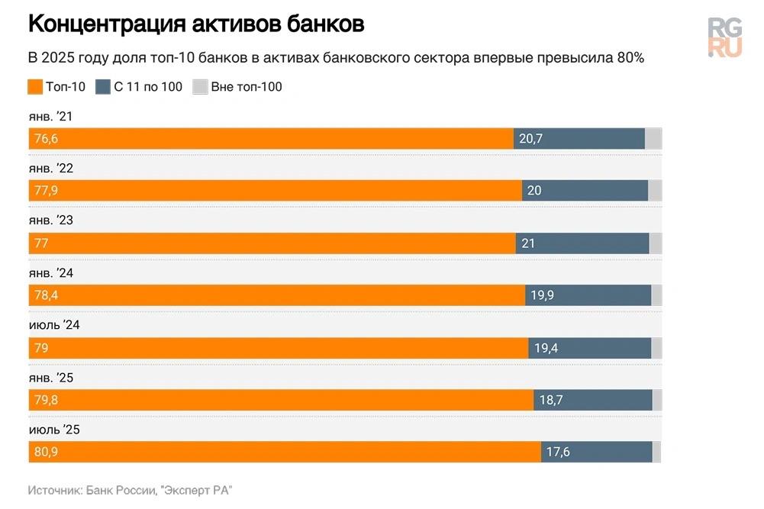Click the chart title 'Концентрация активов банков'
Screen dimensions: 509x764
point(196,24)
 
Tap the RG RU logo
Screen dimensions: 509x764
point(724,37)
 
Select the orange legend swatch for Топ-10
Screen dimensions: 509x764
point(35,87)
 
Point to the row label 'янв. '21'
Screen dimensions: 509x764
point(51,117)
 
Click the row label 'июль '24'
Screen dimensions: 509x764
point(54,325)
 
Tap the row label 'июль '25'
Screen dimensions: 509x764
point(54,430)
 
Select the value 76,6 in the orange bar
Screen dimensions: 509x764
point(46,139)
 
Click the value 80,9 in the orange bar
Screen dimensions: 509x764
point(47,452)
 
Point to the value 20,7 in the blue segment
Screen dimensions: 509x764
point(530,139)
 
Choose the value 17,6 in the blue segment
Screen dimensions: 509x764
point(558,452)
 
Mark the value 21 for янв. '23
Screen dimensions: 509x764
point(528,243)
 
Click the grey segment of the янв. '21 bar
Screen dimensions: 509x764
point(653,139)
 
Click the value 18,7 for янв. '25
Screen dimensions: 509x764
point(551,400)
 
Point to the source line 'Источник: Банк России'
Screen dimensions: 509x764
point(130,490)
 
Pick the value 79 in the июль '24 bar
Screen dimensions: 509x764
point(41,348)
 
